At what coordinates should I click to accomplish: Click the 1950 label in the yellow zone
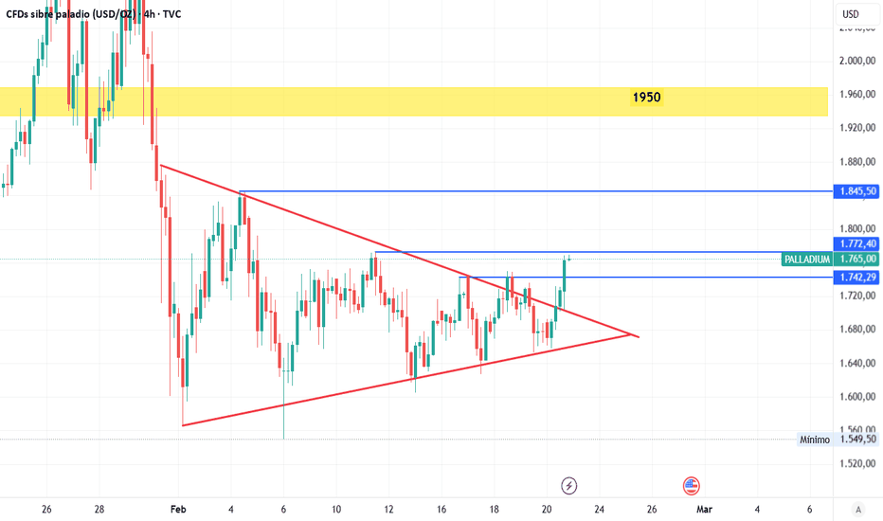648,98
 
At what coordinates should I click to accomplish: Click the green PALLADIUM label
807,259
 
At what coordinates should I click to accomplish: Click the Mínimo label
814,440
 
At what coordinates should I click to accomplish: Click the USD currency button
850,14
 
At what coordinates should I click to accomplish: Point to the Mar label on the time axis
704,510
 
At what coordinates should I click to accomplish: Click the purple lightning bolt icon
568,485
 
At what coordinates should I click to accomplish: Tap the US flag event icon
692,485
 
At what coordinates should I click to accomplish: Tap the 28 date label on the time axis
99,510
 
